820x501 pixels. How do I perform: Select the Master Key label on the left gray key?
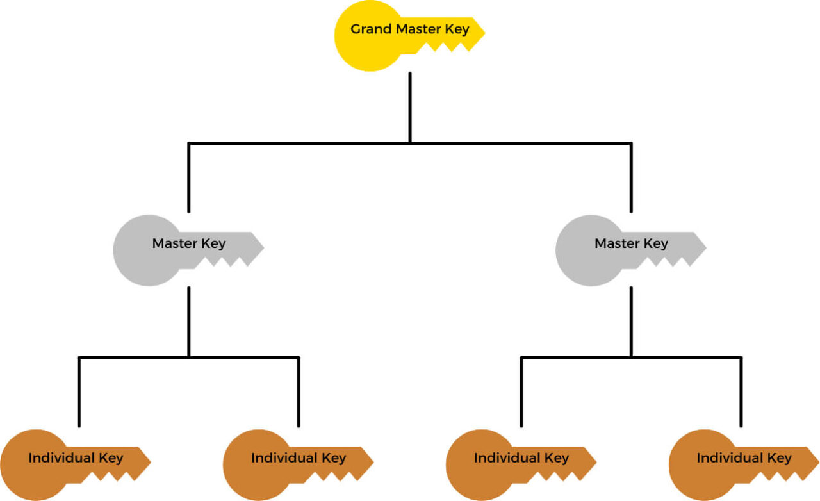(x=188, y=243)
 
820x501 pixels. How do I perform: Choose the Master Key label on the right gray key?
(x=631, y=243)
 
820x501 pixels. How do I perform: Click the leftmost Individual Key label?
(x=76, y=458)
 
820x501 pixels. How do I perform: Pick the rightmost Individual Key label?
(x=744, y=458)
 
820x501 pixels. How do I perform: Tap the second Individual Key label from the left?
(x=298, y=458)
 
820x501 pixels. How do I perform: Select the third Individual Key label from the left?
(x=521, y=458)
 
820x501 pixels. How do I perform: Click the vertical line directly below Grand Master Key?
(x=410, y=106)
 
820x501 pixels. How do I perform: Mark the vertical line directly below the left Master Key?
(x=188, y=320)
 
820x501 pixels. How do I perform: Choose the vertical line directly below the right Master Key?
(x=631, y=320)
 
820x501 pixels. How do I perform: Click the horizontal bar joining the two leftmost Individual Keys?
(x=188, y=357)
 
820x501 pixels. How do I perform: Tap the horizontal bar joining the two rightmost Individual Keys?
(x=631, y=357)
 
